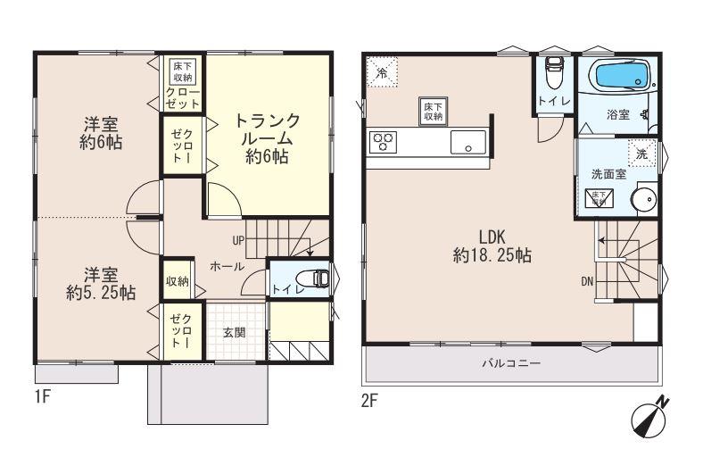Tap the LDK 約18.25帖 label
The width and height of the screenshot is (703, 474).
[x=492, y=246]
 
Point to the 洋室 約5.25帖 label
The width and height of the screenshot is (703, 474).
[x=101, y=282]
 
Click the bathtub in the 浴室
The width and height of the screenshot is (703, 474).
[x=616, y=78]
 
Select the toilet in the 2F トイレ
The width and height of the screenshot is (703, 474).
[x=554, y=69]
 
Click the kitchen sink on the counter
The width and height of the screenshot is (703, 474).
[x=467, y=142]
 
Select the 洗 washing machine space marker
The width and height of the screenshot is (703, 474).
[x=641, y=154]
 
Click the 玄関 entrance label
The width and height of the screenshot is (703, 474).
[x=235, y=332]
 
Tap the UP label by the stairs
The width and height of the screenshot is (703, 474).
[x=238, y=240]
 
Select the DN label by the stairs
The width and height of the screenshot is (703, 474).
[x=587, y=281]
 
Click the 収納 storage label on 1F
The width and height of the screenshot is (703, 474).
[x=177, y=282]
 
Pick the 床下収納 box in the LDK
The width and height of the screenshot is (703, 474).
[x=434, y=112]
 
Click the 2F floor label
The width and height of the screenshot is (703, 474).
[x=369, y=400]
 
